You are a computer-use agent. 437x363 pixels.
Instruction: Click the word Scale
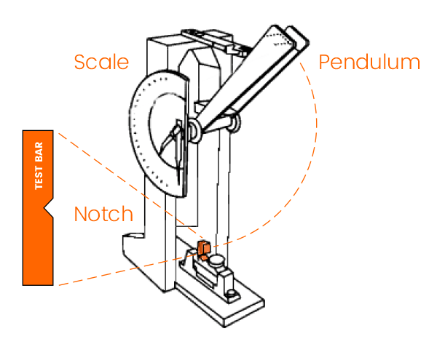coord(101,61)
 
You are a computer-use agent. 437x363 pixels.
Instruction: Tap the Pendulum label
coord(369,62)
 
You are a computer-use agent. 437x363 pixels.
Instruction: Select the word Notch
coord(103,214)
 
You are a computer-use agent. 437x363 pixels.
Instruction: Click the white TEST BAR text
coord(40,167)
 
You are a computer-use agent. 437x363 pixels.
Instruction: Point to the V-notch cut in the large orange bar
coord(48,210)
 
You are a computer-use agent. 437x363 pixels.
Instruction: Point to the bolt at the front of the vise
coord(231,294)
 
